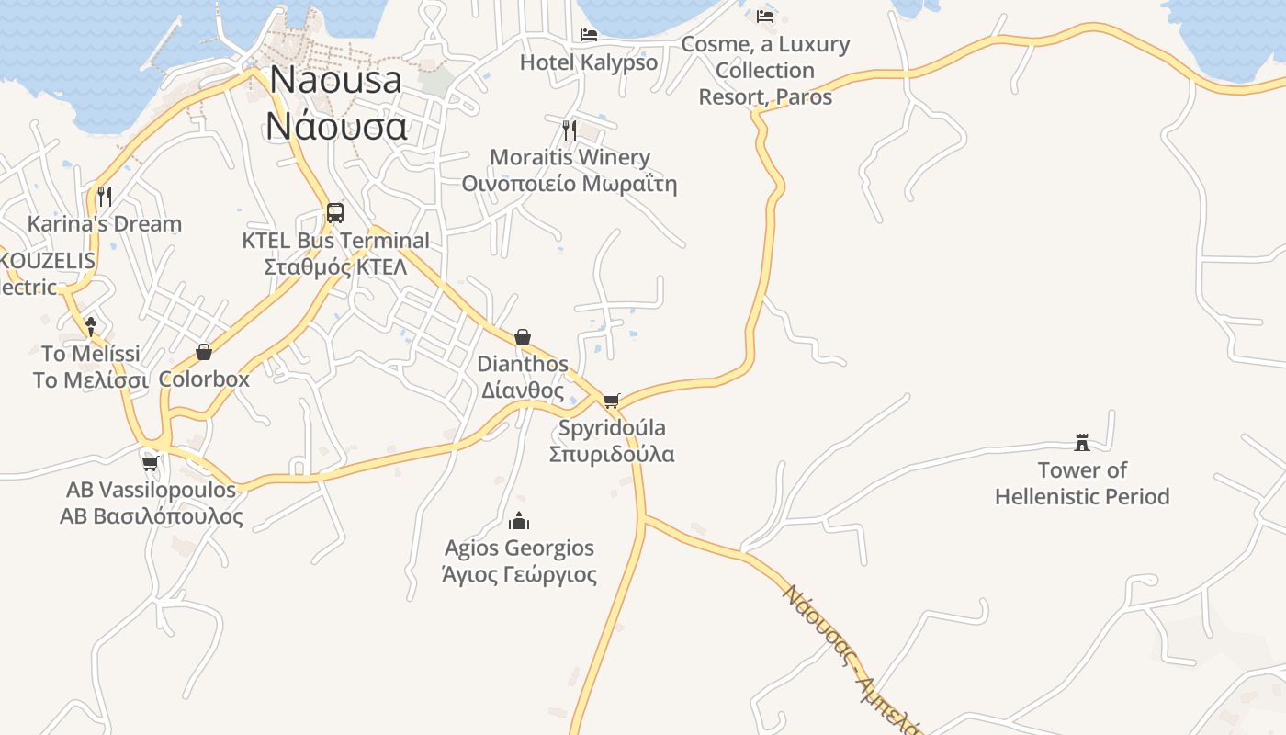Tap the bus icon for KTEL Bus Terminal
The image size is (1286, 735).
335,213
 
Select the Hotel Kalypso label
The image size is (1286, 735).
589,62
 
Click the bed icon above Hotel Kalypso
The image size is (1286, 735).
589,35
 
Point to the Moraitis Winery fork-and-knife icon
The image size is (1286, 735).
570,130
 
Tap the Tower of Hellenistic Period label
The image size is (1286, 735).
1082,483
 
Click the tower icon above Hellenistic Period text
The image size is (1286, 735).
1082,443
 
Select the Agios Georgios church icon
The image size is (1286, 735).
519,521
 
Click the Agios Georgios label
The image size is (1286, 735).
519,560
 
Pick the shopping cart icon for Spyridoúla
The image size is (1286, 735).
612,401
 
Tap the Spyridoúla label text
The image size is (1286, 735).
612,441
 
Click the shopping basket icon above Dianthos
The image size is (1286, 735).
523,337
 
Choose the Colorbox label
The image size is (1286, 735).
204,379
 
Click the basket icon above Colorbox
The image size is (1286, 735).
204,352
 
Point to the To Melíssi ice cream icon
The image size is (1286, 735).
91,325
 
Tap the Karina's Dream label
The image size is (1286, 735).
105,223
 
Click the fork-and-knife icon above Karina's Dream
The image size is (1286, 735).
105,196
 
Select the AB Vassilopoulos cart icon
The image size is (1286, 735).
151,463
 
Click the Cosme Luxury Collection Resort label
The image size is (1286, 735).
765,71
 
